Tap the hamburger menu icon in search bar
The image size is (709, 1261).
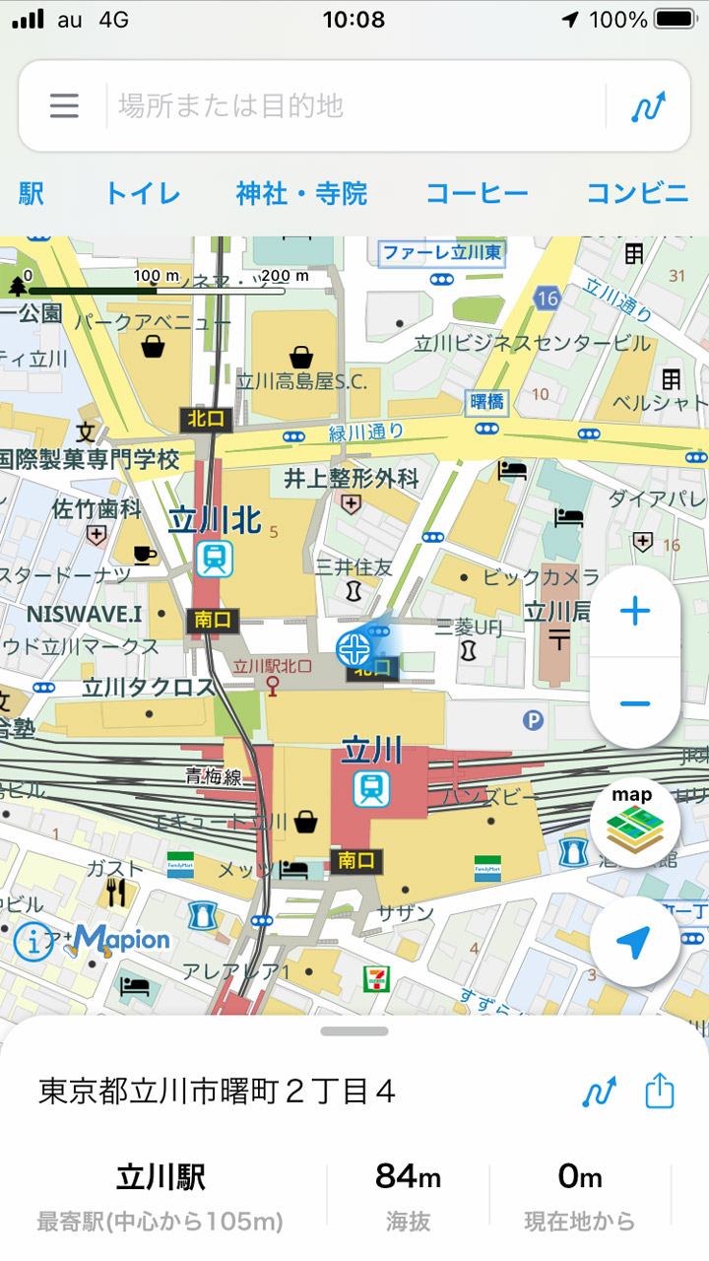64,105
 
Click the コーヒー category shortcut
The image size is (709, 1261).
477,194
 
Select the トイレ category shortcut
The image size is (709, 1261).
143,194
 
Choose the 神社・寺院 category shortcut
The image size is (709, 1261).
301,194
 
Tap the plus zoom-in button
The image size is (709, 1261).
635,612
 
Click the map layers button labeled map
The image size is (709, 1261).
635,822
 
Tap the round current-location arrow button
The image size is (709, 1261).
635,943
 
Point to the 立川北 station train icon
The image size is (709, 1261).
214,559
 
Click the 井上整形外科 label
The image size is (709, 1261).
352,479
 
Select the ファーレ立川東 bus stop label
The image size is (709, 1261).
442,253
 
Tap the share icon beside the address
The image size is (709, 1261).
660,1092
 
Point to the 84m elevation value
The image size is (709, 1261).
408,1177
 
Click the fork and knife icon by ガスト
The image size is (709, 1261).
116,893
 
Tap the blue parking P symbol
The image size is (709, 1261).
533,721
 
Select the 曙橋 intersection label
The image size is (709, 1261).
486,401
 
